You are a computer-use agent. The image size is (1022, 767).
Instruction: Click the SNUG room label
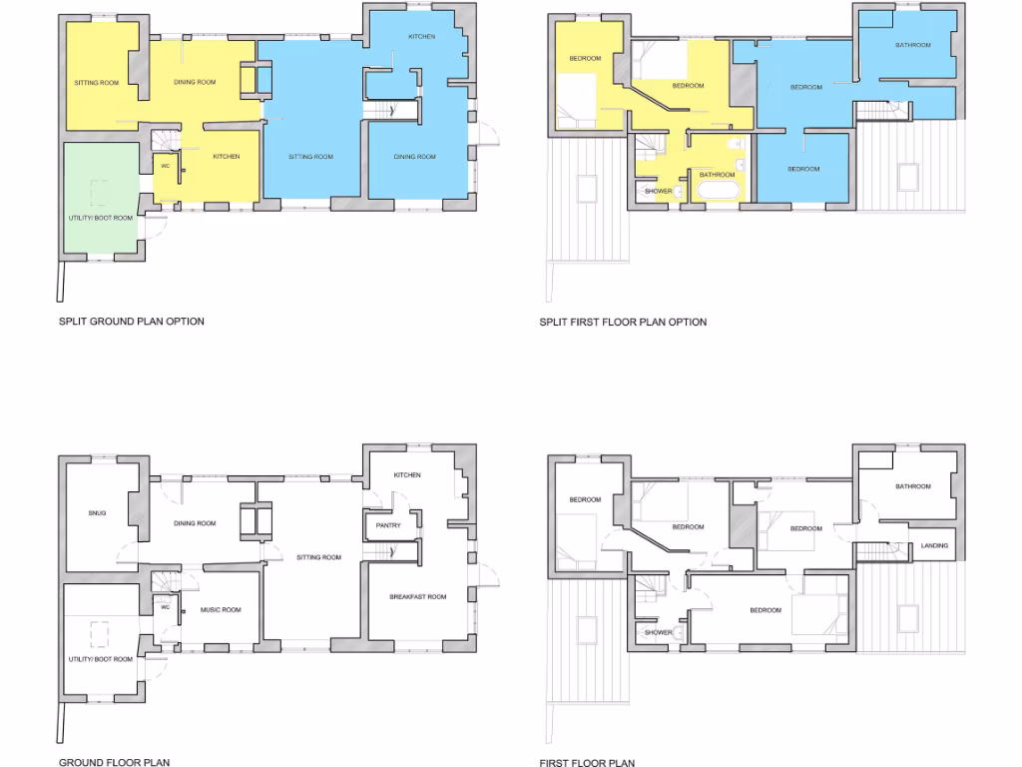pos(97,513)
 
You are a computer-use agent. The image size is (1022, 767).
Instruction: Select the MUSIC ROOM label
pos(220,609)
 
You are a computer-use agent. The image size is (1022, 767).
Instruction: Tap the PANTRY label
pos(388,525)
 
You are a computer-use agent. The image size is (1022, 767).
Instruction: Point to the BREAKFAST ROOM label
pos(417,597)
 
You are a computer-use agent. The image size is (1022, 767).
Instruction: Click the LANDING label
pos(934,545)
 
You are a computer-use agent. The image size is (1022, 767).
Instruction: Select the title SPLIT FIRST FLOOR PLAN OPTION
pos(623,322)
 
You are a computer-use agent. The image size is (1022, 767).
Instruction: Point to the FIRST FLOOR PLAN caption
pos(588,762)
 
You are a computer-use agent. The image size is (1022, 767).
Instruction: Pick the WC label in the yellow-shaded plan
pos(166,166)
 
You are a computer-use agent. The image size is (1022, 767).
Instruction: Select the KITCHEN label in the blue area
pos(421,37)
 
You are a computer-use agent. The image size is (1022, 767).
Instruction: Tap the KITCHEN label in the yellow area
pos(226,157)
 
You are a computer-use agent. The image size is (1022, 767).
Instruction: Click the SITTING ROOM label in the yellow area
pos(96,83)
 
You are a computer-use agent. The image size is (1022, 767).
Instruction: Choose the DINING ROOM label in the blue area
pos(414,157)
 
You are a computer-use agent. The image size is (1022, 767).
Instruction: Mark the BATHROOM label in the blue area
pos(912,45)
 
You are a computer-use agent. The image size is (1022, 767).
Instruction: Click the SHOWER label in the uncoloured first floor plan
pos(658,632)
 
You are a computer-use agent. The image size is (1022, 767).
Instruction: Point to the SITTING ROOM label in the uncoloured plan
pos(318,557)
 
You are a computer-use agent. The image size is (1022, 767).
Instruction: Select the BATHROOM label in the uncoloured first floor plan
pos(912,486)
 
